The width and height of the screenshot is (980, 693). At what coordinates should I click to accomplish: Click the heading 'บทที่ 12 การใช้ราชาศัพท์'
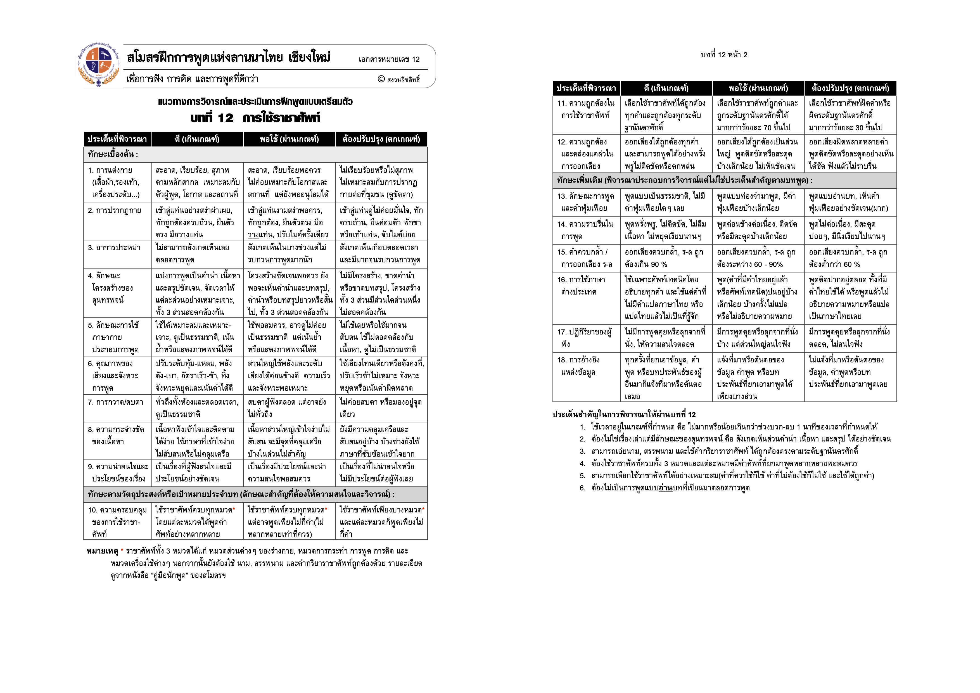tap(255, 118)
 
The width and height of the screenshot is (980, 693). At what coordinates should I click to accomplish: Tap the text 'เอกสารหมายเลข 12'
tap(389, 59)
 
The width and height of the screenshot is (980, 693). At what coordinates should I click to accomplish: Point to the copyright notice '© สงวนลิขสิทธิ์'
tap(399, 79)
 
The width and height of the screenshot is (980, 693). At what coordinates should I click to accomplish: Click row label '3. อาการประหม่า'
tap(114, 248)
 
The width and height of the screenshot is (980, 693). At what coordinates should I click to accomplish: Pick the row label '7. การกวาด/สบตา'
tap(116, 402)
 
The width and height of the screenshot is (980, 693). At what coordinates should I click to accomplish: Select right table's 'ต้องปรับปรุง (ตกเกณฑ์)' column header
tap(850, 88)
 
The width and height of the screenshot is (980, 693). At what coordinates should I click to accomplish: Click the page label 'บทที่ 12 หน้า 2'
tap(724, 54)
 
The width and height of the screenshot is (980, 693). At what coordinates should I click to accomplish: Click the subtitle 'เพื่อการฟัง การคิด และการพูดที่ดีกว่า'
tap(193, 79)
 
